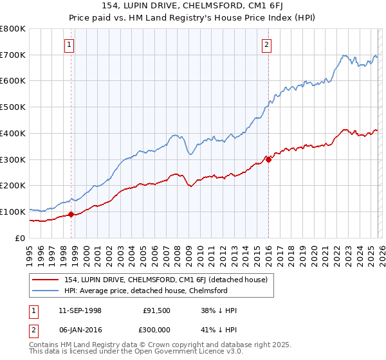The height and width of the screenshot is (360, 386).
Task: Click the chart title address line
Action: (x=193, y=6)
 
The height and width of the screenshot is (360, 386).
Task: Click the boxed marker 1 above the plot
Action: (x=69, y=44)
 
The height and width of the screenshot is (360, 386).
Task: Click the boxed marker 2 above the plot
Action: (x=266, y=44)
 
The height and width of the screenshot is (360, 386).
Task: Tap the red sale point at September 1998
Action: (x=71, y=214)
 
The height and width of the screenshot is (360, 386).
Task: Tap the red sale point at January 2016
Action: (x=268, y=160)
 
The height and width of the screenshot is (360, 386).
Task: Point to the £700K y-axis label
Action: (x=13, y=55)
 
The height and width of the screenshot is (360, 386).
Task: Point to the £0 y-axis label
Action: (x=21, y=238)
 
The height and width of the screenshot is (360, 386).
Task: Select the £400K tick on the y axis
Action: (x=13, y=133)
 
